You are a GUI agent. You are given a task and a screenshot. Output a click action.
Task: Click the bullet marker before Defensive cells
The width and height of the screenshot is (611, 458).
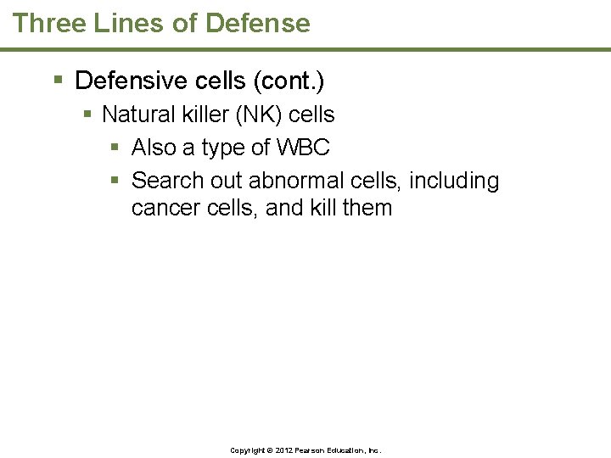[58, 81]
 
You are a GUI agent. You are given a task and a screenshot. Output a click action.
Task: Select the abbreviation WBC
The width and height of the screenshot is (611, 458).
[303, 147]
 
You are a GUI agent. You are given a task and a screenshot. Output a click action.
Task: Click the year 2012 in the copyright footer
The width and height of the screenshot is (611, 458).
[280, 450]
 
